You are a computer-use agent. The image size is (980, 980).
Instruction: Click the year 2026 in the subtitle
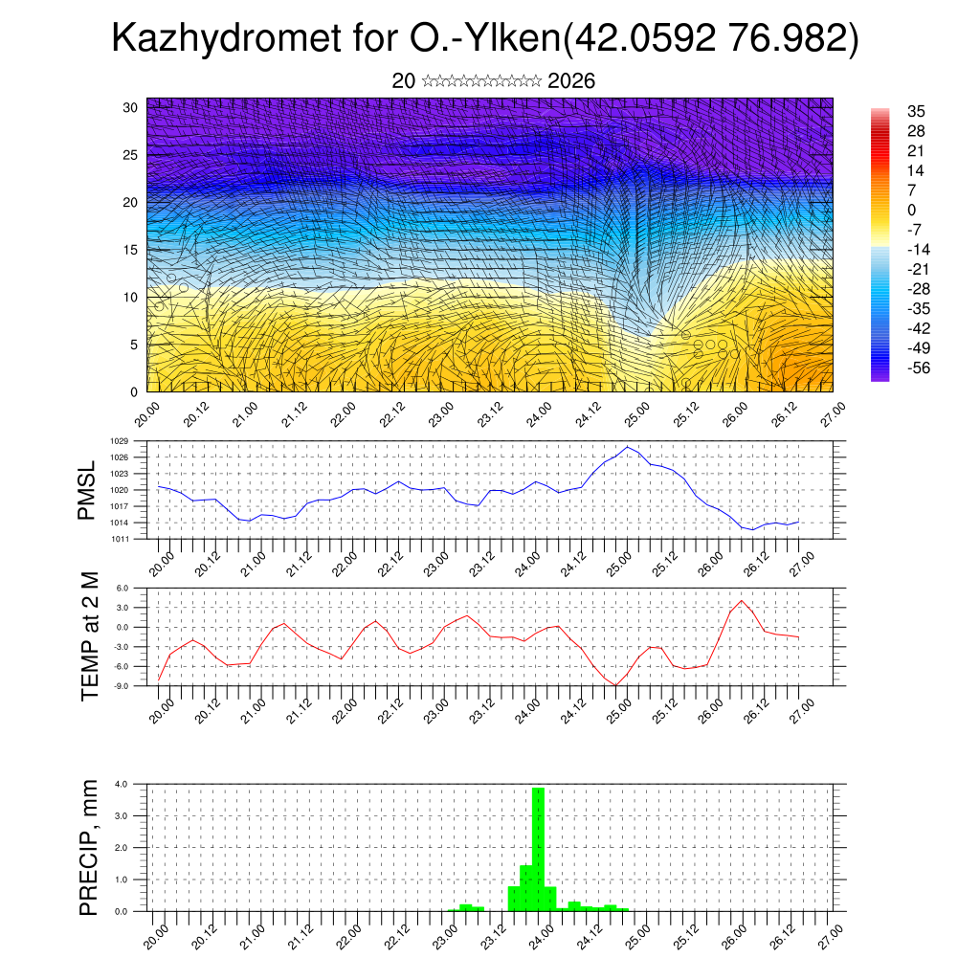(x=571, y=81)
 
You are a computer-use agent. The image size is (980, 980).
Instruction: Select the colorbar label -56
(x=919, y=367)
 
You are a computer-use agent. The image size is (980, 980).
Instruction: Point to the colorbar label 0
(x=912, y=210)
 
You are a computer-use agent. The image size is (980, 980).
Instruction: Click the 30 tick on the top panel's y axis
(x=131, y=107)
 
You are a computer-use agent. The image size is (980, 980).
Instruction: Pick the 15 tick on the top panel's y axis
(x=131, y=250)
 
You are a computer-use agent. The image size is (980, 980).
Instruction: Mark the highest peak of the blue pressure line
(x=627, y=447)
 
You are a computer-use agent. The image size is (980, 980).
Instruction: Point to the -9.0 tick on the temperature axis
(x=121, y=685)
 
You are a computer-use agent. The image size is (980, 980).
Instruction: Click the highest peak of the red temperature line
(x=741, y=601)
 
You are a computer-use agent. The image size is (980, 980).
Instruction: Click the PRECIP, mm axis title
(x=89, y=847)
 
